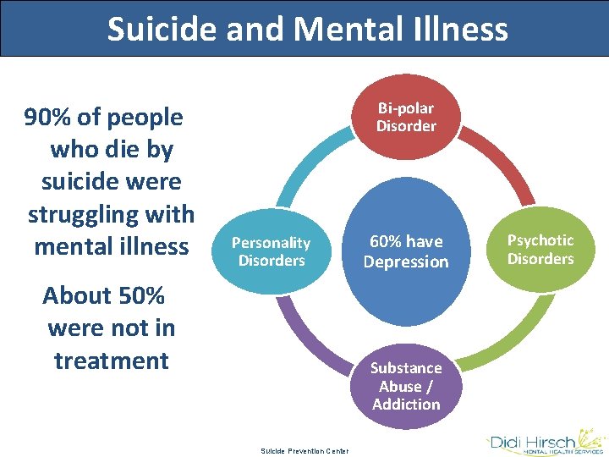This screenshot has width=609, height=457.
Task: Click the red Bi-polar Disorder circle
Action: tap(406, 117)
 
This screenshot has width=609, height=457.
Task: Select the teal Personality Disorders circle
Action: tap(271, 251)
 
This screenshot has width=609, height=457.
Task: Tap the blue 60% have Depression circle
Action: tap(406, 251)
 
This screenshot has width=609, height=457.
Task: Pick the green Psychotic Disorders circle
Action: tap(540, 249)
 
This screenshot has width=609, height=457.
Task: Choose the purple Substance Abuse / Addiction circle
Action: tap(406, 386)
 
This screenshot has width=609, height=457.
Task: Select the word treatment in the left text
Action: tap(112, 361)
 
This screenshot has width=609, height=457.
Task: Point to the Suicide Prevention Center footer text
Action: tap(304, 450)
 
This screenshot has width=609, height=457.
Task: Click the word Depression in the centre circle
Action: tap(406, 262)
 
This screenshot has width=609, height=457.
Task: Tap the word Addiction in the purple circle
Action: tap(406, 404)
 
